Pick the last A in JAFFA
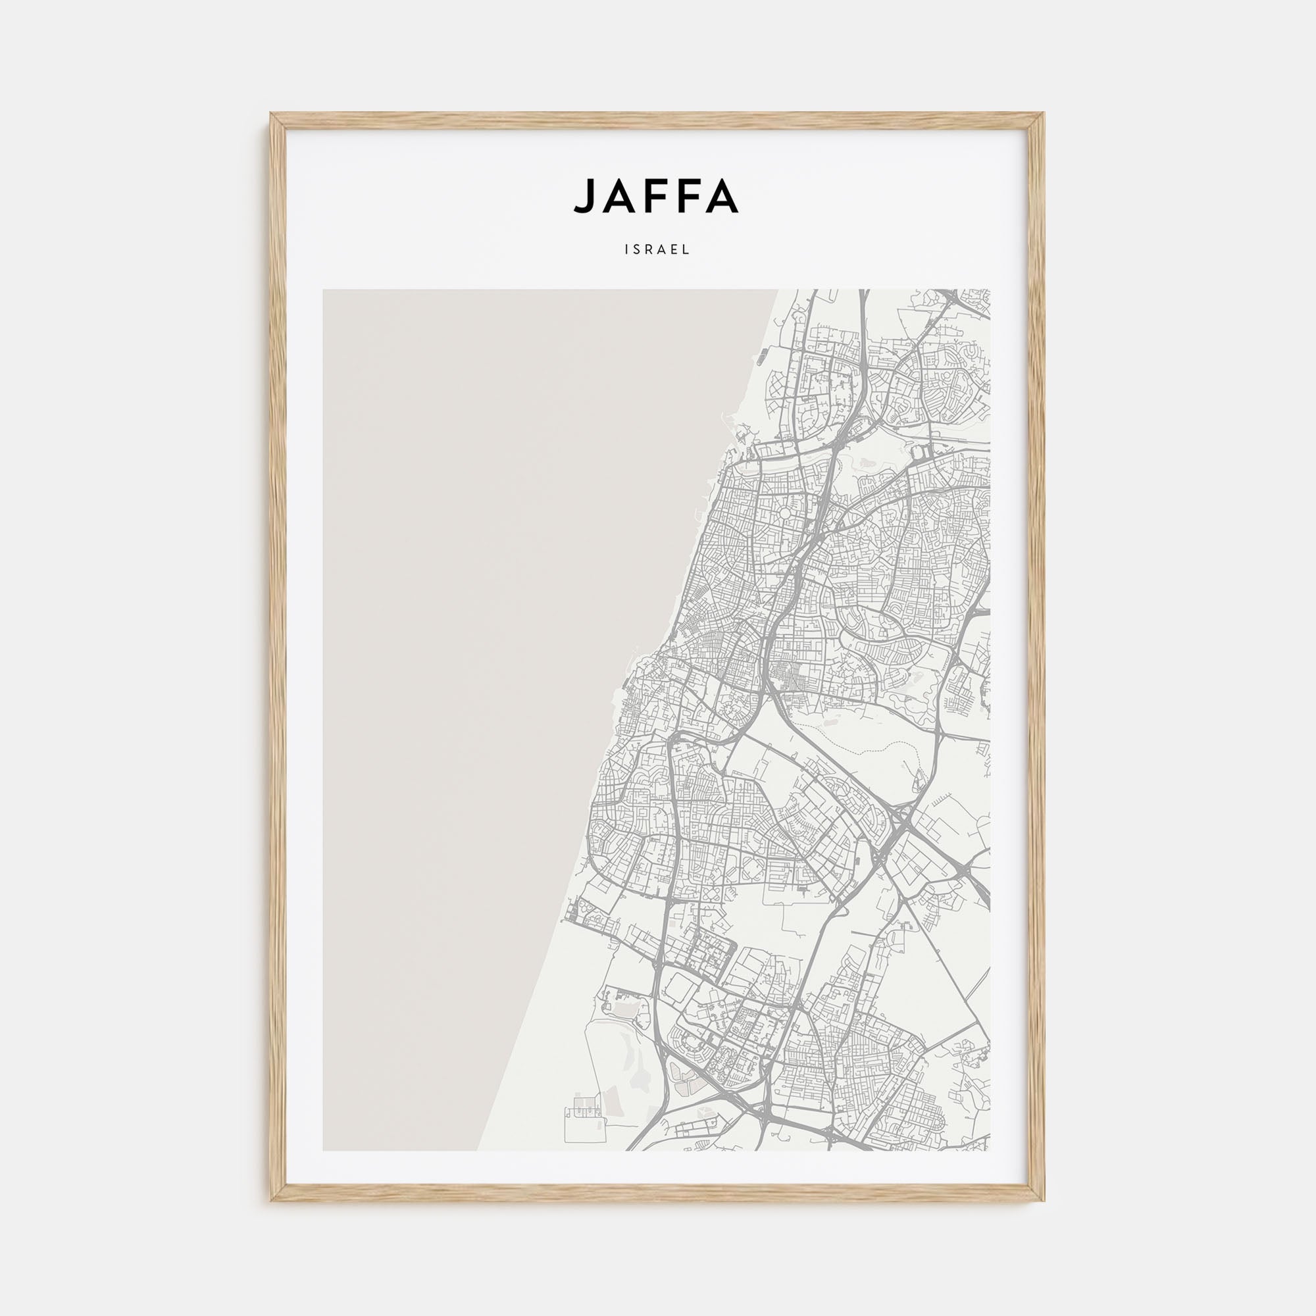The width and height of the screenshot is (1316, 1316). (x=722, y=196)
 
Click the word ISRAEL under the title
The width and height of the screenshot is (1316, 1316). (x=657, y=250)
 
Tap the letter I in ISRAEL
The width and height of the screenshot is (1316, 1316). (x=626, y=250)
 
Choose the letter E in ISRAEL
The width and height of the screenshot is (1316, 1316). (x=676, y=250)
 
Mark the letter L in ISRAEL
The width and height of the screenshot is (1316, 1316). (x=688, y=250)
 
